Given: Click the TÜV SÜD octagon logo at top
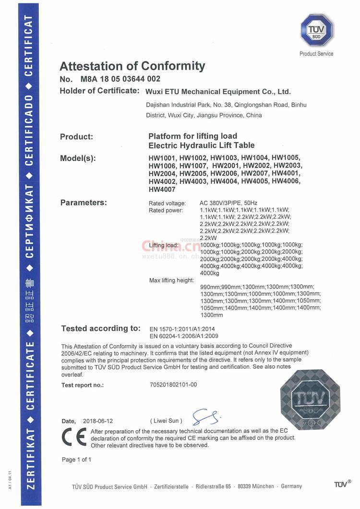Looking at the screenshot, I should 316,30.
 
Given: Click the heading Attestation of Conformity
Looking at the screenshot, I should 132,66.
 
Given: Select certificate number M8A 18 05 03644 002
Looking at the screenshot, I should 120,79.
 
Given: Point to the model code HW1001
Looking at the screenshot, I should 162,158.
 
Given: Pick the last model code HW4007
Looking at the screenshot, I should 162,189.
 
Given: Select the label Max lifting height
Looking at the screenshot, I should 171,280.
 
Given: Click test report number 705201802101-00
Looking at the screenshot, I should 173,385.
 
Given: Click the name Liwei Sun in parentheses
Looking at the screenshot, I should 166,421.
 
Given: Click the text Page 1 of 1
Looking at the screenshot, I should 76,460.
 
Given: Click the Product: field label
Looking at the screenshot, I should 76,137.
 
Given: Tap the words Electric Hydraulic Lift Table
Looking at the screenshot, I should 202,145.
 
